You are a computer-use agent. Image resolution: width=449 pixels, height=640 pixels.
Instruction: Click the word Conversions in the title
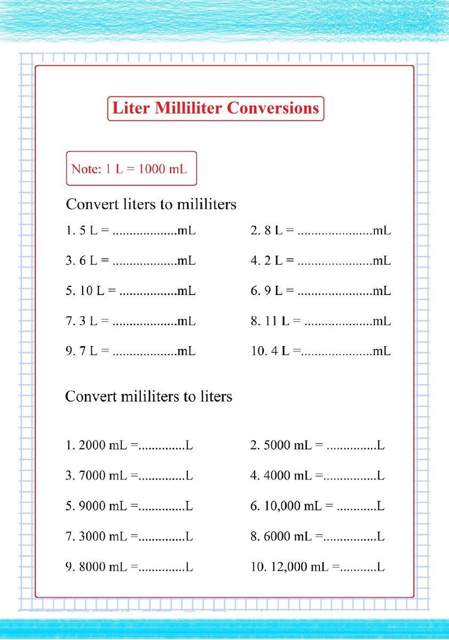pos(272,108)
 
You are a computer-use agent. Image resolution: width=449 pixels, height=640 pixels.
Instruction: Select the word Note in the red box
pos(85,170)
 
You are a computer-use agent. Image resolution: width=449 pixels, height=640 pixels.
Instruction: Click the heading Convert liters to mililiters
pos(151,204)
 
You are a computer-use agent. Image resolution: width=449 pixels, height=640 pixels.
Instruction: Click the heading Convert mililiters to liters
pos(148,397)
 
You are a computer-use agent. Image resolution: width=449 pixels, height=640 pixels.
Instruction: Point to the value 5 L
pos(88,231)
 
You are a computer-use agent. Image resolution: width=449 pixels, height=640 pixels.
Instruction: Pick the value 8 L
pos(273,231)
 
